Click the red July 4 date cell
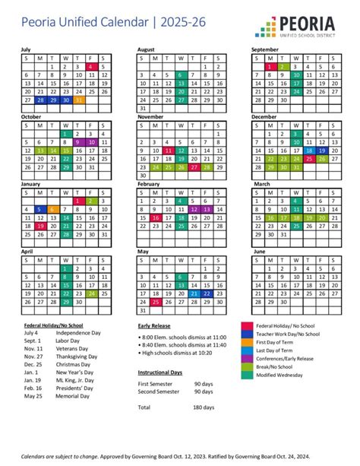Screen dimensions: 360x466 (x=90, y=66)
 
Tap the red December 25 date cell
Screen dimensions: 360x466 (x=309, y=158)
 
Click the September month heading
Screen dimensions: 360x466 (x=266, y=49)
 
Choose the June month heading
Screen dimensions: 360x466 (x=259, y=251)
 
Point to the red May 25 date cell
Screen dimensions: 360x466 (x=156, y=301)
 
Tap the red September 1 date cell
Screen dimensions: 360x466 (x=269, y=66)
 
